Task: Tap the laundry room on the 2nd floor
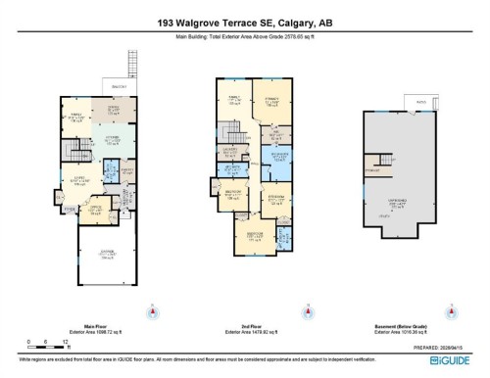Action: (232, 150)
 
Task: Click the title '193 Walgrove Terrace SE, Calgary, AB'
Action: (244, 22)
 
